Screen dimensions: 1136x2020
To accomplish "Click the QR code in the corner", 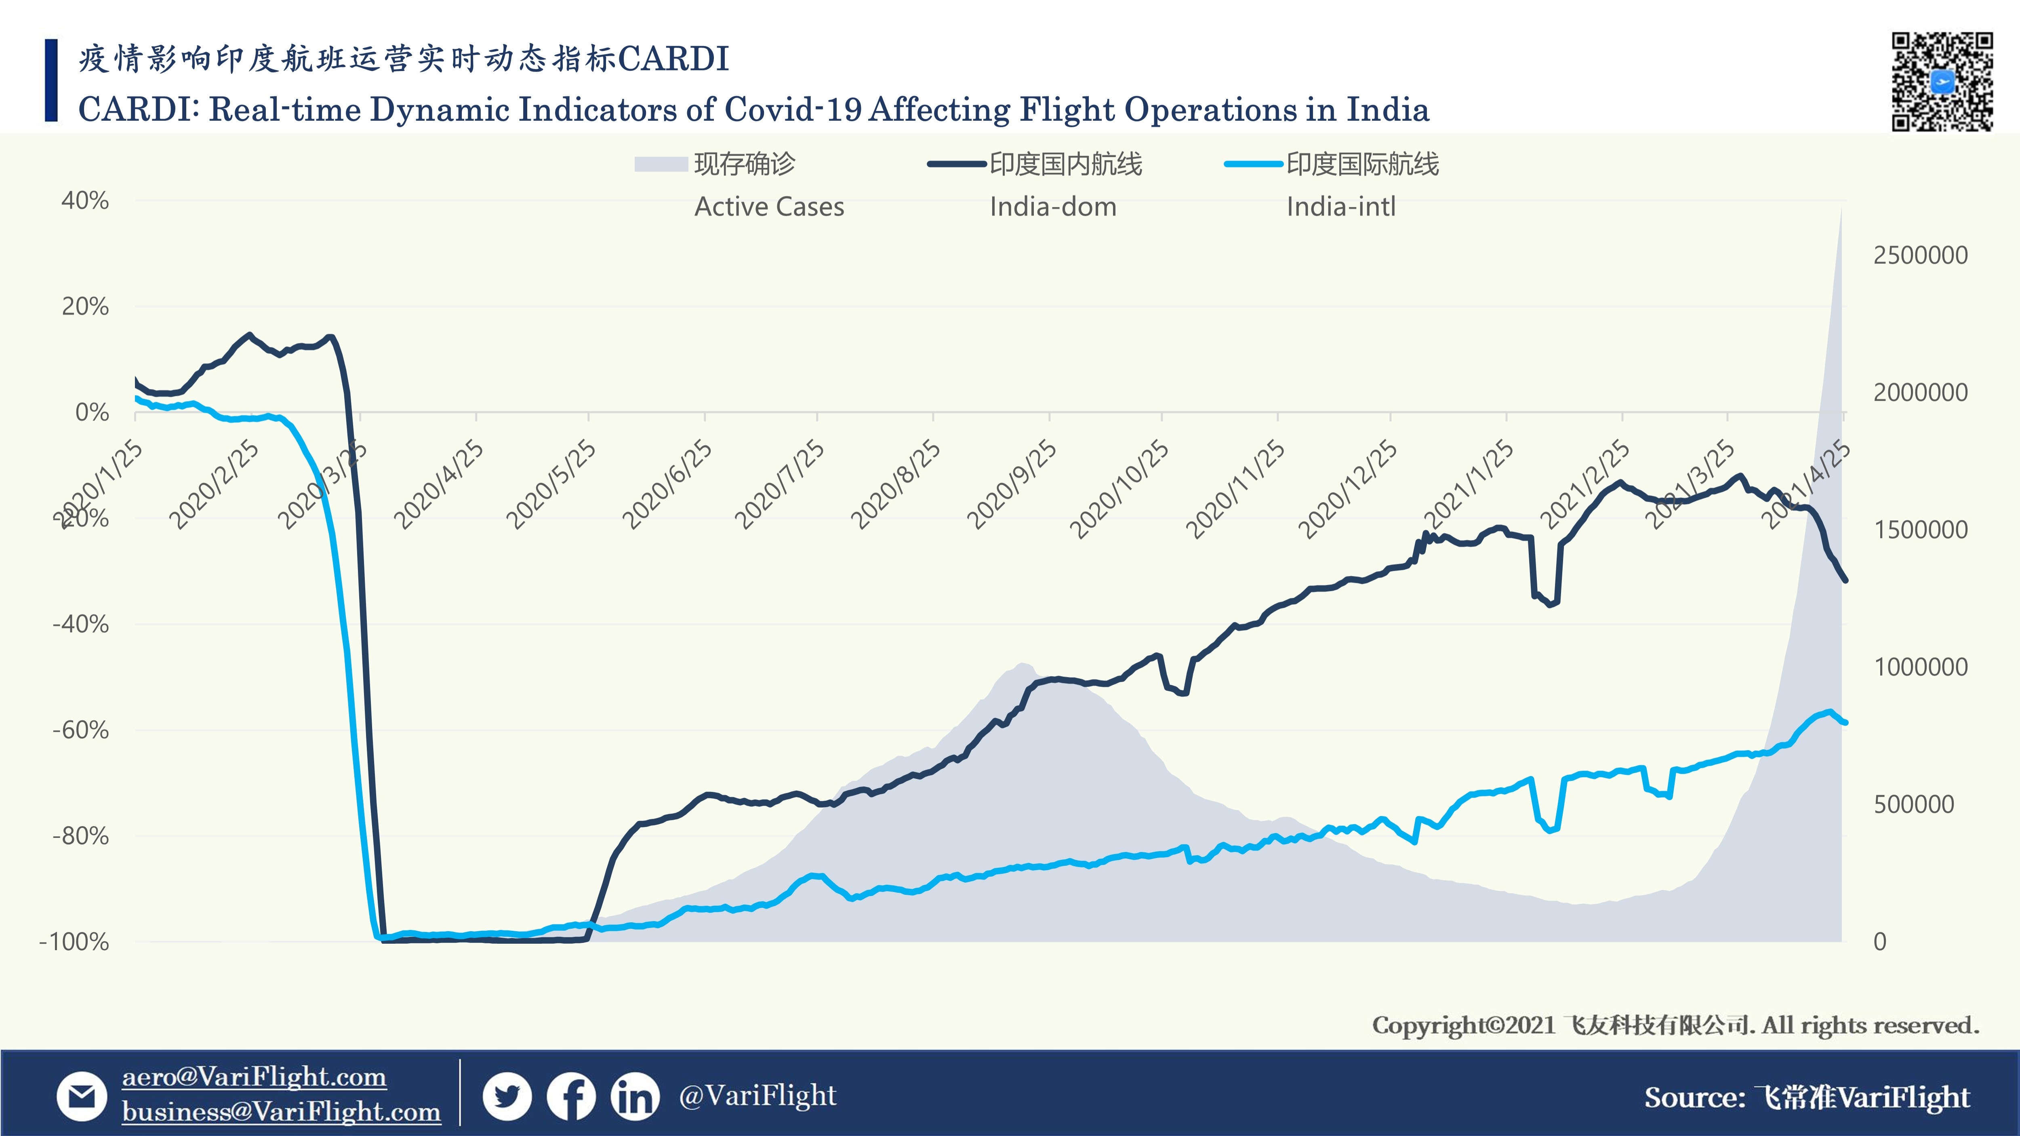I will click(x=1942, y=81).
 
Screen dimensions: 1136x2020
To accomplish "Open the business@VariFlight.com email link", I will click(x=281, y=1112).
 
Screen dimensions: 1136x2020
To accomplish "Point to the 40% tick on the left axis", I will click(x=85, y=201).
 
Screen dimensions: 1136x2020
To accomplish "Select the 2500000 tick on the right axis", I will click(x=1920, y=256).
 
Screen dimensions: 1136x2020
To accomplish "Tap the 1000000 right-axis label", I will click(x=1920, y=667).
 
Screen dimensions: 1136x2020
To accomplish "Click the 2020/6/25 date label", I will click(x=667, y=484).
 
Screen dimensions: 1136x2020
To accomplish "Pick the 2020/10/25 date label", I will click(x=1120, y=489).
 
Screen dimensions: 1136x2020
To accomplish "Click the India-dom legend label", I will click(x=1052, y=207).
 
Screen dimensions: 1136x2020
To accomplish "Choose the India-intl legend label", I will click(x=1341, y=207).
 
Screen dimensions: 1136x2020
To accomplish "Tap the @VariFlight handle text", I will click(x=757, y=1095).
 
